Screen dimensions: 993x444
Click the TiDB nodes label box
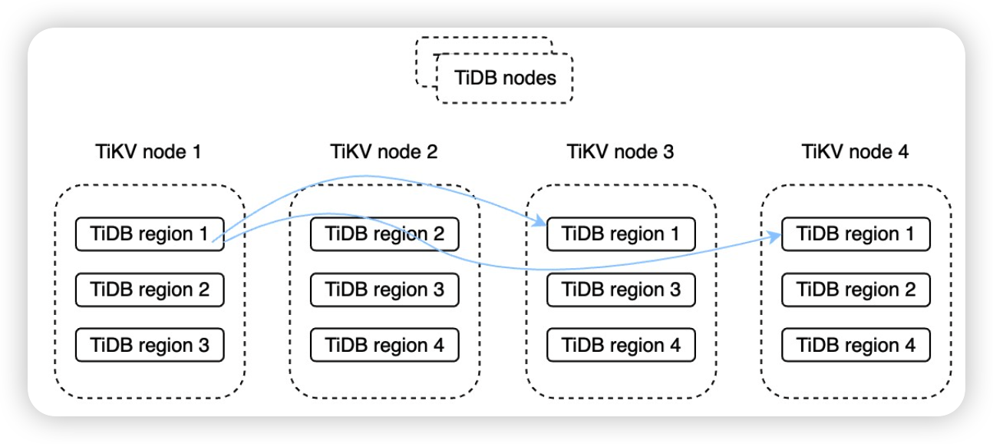click(504, 78)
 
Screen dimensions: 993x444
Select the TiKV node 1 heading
click(149, 151)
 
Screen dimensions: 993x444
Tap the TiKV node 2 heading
click(384, 151)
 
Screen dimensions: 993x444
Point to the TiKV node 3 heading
click(620, 151)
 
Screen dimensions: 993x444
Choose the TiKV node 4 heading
click(855, 151)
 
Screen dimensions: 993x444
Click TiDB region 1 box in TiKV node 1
click(150, 234)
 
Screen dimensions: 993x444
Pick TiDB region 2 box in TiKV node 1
click(150, 290)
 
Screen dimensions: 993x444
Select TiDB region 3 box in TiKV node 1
click(150, 345)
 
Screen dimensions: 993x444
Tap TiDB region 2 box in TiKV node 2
click(384, 234)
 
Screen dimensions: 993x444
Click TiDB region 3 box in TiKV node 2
click(384, 290)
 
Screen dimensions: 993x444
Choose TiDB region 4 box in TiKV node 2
click(384, 345)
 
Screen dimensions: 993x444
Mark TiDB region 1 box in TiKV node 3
click(621, 234)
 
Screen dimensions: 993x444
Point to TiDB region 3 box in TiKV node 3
click(621, 290)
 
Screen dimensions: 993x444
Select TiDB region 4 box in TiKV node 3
click(621, 345)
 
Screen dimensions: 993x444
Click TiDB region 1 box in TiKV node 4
click(856, 234)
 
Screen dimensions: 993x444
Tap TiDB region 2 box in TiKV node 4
click(856, 290)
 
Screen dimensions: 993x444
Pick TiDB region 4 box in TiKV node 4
click(856, 345)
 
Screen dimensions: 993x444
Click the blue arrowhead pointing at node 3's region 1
click(539, 220)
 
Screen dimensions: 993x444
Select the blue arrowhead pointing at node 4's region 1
click(774, 237)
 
